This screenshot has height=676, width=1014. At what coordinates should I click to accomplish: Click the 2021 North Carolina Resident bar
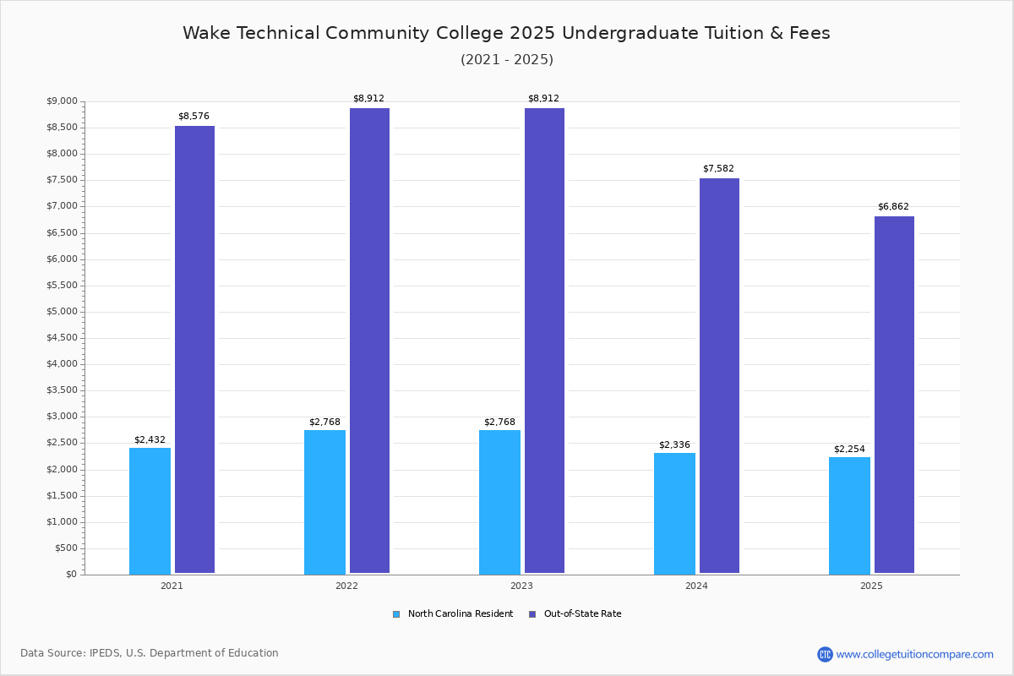point(150,511)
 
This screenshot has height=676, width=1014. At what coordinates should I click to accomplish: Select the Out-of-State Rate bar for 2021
point(194,350)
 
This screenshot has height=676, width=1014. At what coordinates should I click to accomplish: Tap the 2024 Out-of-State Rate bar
point(719,376)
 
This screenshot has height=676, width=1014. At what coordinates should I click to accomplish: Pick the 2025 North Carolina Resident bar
point(849,515)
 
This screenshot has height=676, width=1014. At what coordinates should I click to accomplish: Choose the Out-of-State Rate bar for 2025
point(894,395)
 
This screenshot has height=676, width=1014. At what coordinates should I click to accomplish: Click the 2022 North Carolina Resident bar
point(324,502)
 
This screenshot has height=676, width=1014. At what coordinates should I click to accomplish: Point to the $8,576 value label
point(194,117)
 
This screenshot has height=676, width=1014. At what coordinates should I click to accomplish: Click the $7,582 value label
point(718,169)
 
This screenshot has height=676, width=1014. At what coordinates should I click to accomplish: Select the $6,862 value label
point(893,207)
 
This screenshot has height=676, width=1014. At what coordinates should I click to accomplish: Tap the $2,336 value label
point(674,445)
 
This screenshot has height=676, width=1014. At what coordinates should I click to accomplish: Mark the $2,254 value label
point(849,450)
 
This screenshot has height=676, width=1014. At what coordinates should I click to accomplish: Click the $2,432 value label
point(150,440)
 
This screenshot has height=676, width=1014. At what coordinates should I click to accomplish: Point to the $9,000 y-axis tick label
point(62,101)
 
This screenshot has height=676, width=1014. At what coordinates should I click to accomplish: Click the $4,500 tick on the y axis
point(62,338)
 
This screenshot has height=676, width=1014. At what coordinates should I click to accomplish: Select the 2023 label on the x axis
point(521,586)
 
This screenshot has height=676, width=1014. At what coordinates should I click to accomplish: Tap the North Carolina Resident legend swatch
point(396,614)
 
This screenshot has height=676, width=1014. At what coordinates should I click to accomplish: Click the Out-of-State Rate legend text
point(582,614)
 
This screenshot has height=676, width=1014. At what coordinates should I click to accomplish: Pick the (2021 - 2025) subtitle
point(506,60)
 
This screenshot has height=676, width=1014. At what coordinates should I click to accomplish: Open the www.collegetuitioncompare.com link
point(914,655)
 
